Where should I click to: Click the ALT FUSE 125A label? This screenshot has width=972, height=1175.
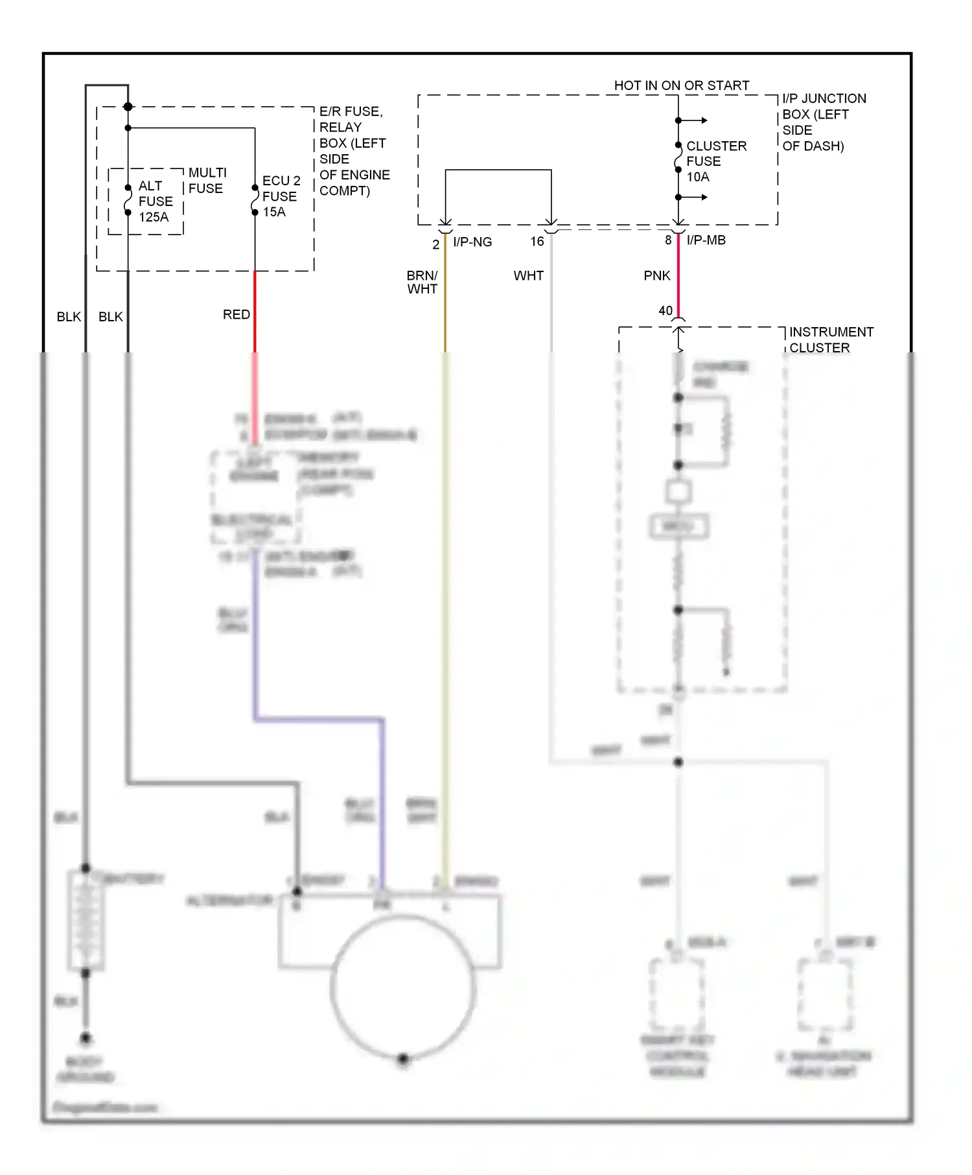pyautogui.click(x=155, y=201)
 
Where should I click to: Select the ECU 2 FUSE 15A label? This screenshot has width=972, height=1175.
pyautogui.click(x=281, y=196)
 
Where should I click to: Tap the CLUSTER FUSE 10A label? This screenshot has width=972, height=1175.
pyautogui.click(x=715, y=161)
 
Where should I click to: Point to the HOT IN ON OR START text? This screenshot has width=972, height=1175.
pyautogui.click(x=681, y=86)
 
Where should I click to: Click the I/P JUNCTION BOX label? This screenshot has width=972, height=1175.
pyautogui.click(x=823, y=122)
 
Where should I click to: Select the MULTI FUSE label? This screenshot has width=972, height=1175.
pyautogui.click(x=207, y=181)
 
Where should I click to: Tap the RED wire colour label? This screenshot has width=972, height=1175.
pyautogui.click(x=236, y=315)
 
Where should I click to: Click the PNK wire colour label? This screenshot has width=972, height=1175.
pyautogui.click(x=656, y=276)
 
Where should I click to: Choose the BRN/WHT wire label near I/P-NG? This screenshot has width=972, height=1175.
pyautogui.click(x=422, y=282)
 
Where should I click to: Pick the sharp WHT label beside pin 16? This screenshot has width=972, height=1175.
pyautogui.click(x=528, y=276)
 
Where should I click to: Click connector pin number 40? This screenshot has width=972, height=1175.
pyautogui.click(x=665, y=311)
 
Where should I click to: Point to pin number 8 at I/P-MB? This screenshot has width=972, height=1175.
pyautogui.click(x=668, y=240)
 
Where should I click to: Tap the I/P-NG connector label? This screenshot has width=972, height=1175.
pyautogui.click(x=472, y=242)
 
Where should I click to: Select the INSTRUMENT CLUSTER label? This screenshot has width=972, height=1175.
pyautogui.click(x=830, y=340)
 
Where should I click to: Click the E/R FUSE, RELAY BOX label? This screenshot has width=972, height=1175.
pyautogui.click(x=354, y=151)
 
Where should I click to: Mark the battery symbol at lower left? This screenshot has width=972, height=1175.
pyautogui.click(x=86, y=920)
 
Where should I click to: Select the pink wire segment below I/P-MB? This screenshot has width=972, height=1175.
pyautogui.click(x=678, y=272)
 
